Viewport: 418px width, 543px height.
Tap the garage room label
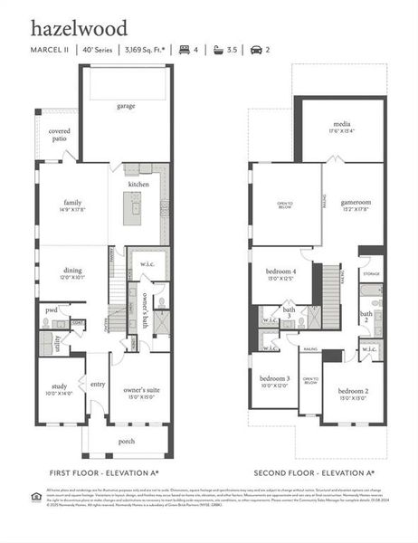point(125,106)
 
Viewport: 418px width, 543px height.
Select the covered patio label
point(60,136)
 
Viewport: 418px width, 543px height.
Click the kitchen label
point(138,184)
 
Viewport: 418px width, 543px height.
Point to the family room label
point(73,205)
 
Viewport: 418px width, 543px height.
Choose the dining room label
point(73,272)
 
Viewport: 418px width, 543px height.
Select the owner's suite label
point(139,392)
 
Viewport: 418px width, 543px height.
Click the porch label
point(126,442)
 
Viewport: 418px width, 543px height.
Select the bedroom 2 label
point(352,393)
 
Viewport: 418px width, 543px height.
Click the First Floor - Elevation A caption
point(104,473)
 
